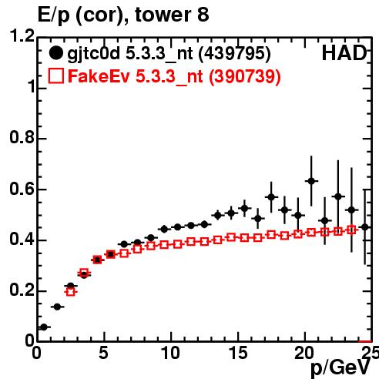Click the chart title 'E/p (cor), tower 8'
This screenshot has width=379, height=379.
(x=123, y=15)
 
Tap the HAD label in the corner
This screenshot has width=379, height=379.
(x=344, y=53)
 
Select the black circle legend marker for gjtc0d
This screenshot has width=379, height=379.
(x=55, y=53)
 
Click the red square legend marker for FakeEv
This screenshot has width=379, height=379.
(x=56, y=75)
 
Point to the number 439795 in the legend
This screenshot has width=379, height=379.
(x=235, y=54)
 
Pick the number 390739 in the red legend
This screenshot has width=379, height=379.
(x=245, y=76)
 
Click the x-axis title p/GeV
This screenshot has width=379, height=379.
(x=340, y=367)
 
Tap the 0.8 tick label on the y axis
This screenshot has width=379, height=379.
(x=22, y=137)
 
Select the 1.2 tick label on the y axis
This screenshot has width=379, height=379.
(x=22, y=35)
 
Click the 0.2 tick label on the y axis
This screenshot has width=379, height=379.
(x=22, y=290)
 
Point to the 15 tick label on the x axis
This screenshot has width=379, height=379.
(x=238, y=353)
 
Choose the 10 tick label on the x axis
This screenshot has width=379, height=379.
(x=171, y=353)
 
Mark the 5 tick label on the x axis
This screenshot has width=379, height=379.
(x=103, y=353)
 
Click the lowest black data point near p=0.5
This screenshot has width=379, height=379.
(x=44, y=327)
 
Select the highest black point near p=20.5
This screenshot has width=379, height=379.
(x=311, y=181)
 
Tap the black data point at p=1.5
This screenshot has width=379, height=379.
(x=57, y=307)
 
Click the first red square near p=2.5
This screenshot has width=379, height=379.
(x=71, y=292)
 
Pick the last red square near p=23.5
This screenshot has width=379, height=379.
(x=351, y=230)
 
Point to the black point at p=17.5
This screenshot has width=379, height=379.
(x=271, y=197)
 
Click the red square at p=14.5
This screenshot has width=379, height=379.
(x=231, y=237)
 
